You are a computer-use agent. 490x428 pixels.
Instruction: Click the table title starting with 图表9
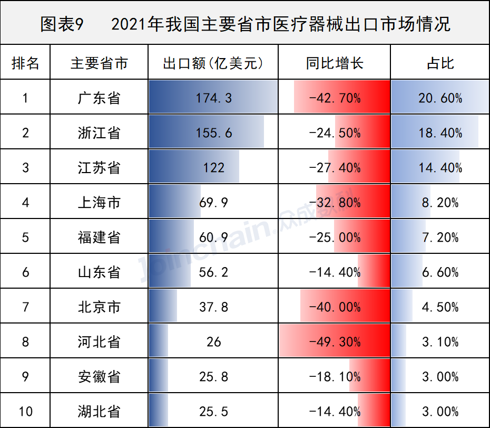(x=245, y=24)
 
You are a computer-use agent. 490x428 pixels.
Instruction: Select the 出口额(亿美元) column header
(x=213, y=63)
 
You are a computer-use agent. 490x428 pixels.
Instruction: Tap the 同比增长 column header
(x=335, y=63)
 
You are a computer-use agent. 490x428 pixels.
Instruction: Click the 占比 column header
(x=440, y=63)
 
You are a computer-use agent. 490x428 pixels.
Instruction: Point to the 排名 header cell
(x=25, y=63)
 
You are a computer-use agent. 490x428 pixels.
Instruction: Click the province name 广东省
(x=99, y=98)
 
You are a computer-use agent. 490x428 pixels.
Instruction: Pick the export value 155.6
(x=213, y=133)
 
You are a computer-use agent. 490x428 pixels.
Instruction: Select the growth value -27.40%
(x=335, y=168)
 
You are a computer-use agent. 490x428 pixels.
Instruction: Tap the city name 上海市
(x=99, y=203)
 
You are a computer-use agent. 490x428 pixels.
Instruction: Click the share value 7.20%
(x=440, y=237)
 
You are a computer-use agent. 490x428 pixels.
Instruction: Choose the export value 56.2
(x=213, y=272)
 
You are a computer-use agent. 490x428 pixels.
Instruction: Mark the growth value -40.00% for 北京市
(x=335, y=307)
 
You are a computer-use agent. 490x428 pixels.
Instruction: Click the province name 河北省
(x=99, y=342)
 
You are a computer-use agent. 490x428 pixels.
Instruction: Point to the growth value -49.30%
(x=335, y=342)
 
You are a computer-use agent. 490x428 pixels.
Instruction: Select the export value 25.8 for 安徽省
(x=213, y=377)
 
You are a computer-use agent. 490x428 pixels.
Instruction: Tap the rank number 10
(x=25, y=412)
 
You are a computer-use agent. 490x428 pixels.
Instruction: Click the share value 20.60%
(x=440, y=98)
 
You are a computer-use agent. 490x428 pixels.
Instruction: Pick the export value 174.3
(x=213, y=98)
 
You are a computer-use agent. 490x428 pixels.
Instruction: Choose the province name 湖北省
(x=99, y=412)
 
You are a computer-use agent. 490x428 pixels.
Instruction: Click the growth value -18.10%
(x=335, y=377)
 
